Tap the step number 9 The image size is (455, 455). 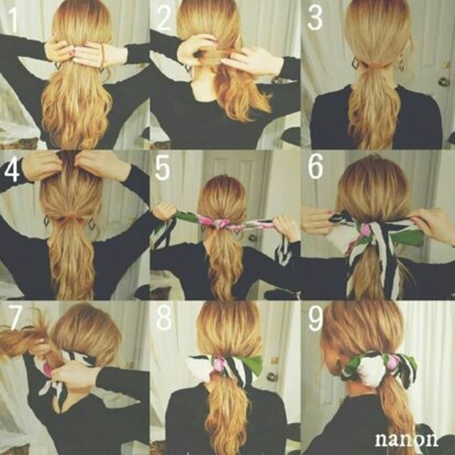click(x=315, y=318)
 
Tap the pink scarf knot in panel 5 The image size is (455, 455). click(x=225, y=224)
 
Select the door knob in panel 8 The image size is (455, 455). click(x=272, y=376)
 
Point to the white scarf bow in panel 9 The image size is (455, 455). click(x=372, y=371)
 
